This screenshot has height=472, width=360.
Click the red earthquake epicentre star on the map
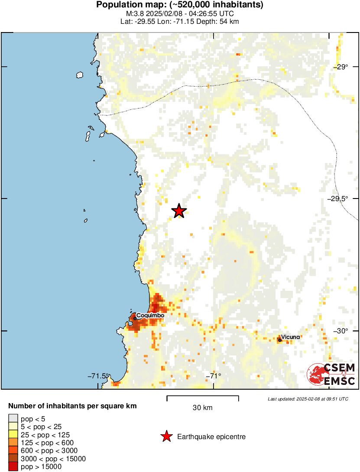click(179, 211)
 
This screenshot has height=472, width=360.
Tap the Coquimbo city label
click(151, 316)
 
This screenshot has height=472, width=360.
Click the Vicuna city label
click(290, 337)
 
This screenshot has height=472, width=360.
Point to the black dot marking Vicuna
click(280, 340)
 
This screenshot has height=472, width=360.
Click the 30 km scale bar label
click(202, 408)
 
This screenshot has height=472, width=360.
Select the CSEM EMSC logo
click(331, 374)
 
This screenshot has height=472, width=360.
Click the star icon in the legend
click(166, 436)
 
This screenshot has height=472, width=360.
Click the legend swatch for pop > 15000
click(13, 467)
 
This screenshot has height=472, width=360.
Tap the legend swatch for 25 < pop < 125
click(13, 435)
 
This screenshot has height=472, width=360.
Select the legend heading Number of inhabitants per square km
click(73, 407)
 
